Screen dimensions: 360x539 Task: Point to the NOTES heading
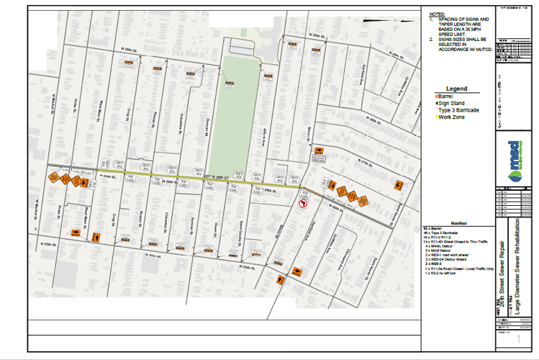[436, 14]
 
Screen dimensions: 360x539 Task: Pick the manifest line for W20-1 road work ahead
[453, 256]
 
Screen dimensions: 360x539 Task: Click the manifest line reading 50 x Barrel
[435, 229]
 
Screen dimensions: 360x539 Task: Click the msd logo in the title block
[512, 156]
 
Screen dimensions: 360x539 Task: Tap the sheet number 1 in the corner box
[518, 338]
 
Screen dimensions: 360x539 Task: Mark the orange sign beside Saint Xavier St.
[398, 185]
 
